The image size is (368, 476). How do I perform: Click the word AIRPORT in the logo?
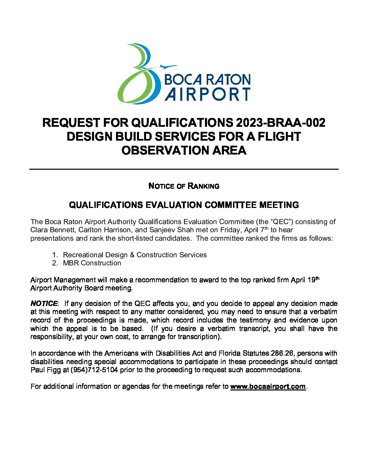coord(207,94)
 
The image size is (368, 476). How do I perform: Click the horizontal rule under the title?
coord(184,169)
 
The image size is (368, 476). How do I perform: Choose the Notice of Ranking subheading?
coord(184,186)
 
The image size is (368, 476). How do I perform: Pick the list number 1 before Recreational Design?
coord(55,255)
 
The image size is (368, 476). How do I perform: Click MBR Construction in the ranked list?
coord(92,263)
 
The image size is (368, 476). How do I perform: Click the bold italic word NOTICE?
coord(44,304)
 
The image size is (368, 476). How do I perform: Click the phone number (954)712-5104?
coord(94,370)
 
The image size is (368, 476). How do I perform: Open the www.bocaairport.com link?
coord(268,386)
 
